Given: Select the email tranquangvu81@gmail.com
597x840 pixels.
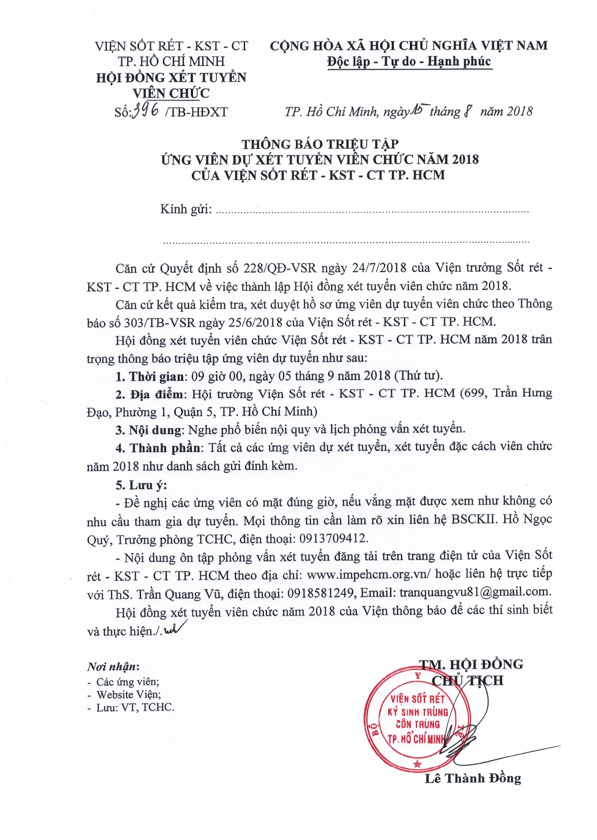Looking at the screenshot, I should point(475,592).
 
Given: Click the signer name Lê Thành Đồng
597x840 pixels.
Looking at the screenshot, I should point(473,779).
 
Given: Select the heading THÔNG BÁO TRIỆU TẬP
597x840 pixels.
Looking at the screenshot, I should point(320,144).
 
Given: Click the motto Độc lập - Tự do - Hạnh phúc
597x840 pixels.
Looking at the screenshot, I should point(409,62).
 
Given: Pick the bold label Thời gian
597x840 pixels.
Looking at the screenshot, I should point(157,376).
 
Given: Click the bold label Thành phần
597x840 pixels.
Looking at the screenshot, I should point(165,448).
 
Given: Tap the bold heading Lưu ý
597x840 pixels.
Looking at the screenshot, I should point(148,485).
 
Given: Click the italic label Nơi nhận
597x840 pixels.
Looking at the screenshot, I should point(113,667).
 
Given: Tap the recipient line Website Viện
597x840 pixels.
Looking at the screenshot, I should point(128,694).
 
